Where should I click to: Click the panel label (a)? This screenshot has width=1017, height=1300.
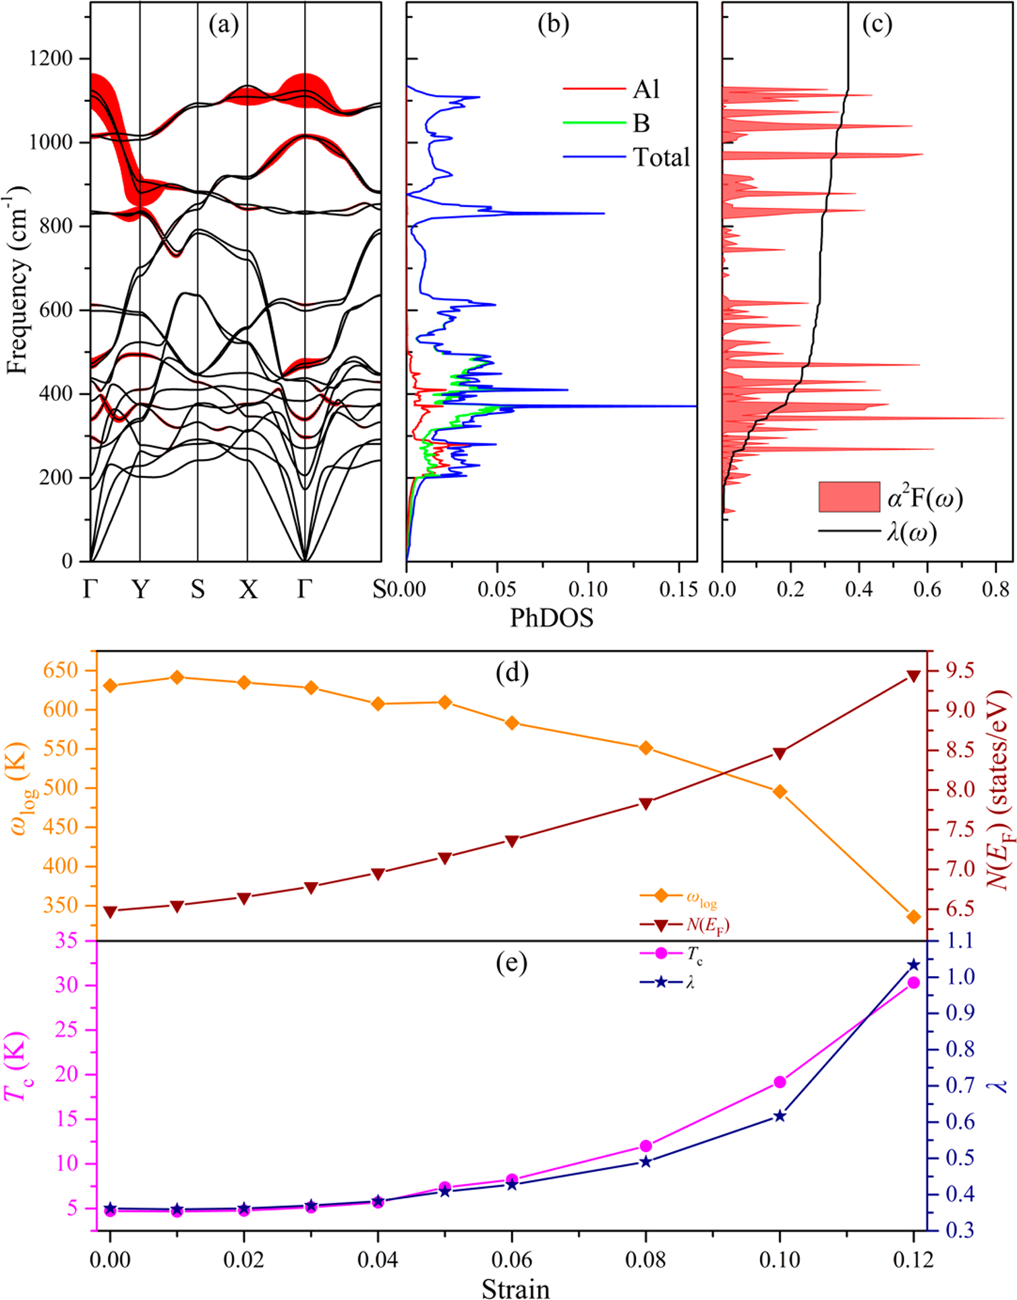[224, 25]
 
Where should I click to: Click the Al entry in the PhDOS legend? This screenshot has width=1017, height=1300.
[645, 89]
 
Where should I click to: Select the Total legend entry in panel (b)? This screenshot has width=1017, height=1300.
[661, 157]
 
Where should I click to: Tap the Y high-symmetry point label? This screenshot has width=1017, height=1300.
[140, 590]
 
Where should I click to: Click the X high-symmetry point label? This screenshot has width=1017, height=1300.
[248, 590]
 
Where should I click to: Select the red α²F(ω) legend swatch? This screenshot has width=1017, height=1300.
[849, 497]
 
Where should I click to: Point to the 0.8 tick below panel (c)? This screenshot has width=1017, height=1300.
[995, 589]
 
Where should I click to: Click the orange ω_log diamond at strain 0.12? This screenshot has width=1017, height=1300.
[914, 917]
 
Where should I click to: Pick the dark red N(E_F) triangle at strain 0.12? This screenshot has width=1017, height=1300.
[914, 676]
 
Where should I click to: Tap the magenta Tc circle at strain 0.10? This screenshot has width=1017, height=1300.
[780, 1082]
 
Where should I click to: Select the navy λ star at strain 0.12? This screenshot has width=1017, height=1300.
[914, 965]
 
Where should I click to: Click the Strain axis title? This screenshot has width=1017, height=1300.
[515, 1288]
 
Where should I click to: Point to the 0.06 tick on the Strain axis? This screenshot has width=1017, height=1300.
[512, 1260]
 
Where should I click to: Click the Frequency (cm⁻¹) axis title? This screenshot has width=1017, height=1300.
[18, 279]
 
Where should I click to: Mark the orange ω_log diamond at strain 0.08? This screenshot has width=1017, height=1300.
[645, 748]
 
